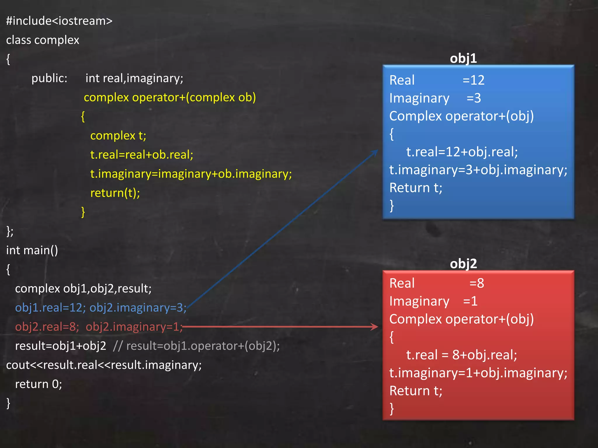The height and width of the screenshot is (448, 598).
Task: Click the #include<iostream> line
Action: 59,21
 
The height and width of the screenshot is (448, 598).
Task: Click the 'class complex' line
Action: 43,40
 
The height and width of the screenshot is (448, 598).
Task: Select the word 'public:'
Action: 49,78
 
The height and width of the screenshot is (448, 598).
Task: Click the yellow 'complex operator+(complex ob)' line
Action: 170,97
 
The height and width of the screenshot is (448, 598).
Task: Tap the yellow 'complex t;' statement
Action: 118,136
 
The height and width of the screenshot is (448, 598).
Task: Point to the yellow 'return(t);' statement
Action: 115,193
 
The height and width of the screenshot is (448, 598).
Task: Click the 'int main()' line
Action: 32,250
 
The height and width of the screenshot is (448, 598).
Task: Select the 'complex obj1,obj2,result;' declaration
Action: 83,288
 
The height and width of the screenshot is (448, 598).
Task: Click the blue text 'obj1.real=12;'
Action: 50,308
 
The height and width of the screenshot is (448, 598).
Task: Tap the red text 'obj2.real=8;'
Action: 47,327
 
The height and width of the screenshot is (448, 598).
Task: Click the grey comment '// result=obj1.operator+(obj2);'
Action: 196,346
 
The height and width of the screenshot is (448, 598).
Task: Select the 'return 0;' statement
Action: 39,384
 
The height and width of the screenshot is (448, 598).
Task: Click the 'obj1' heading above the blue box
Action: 463,58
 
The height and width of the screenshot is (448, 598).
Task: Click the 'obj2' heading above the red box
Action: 463,264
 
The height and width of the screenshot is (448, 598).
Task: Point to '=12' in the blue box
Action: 473,80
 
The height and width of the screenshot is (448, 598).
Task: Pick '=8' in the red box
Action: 477,283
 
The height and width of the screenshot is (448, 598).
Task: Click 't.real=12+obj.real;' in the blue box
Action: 462,152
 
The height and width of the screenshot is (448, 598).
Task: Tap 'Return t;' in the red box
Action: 416,391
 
